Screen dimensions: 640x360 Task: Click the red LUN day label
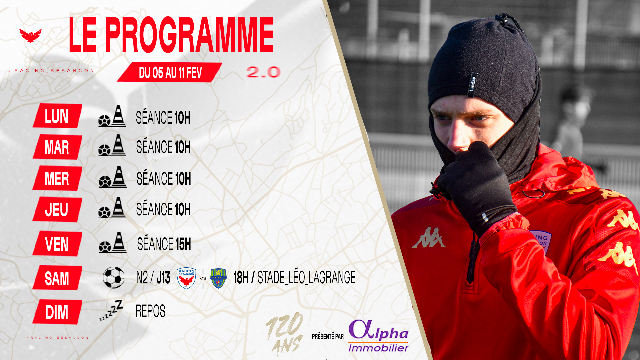pyautogui.click(x=57, y=116)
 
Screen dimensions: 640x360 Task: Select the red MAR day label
pyautogui.click(x=57, y=147)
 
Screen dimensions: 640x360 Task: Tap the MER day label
pyautogui.click(x=57, y=178)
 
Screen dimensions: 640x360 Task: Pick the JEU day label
pyautogui.click(x=57, y=209)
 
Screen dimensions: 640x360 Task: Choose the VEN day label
pyautogui.click(x=57, y=244)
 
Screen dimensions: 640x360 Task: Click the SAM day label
pyautogui.click(x=57, y=278)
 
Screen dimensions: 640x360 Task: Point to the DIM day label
pyautogui.click(x=57, y=312)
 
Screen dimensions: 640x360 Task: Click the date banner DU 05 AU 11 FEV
pyautogui.click(x=170, y=72)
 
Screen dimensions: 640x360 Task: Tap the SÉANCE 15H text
pyautogui.click(x=164, y=244)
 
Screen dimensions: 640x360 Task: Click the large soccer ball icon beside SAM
pyautogui.click(x=114, y=277)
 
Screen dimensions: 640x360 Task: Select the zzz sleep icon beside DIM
pyautogui.click(x=111, y=310)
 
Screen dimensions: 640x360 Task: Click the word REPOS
pyautogui.click(x=150, y=311)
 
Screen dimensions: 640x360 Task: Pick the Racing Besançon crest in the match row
pyautogui.click(x=186, y=278)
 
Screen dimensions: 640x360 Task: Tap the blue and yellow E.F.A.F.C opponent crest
pyautogui.click(x=219, y=278)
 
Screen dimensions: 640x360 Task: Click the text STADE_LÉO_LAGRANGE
pyautogui.click(x=306, y=277)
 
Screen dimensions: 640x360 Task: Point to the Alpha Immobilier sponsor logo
pyautogui.click(x=378, y=336)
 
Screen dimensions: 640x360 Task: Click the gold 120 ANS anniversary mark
pyautogui.click(x=285, y=334)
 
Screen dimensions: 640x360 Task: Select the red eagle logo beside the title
pyautogui.click(x=30, y=35)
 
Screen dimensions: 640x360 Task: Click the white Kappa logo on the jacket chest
pyautogui.click(x=429, y=238)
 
